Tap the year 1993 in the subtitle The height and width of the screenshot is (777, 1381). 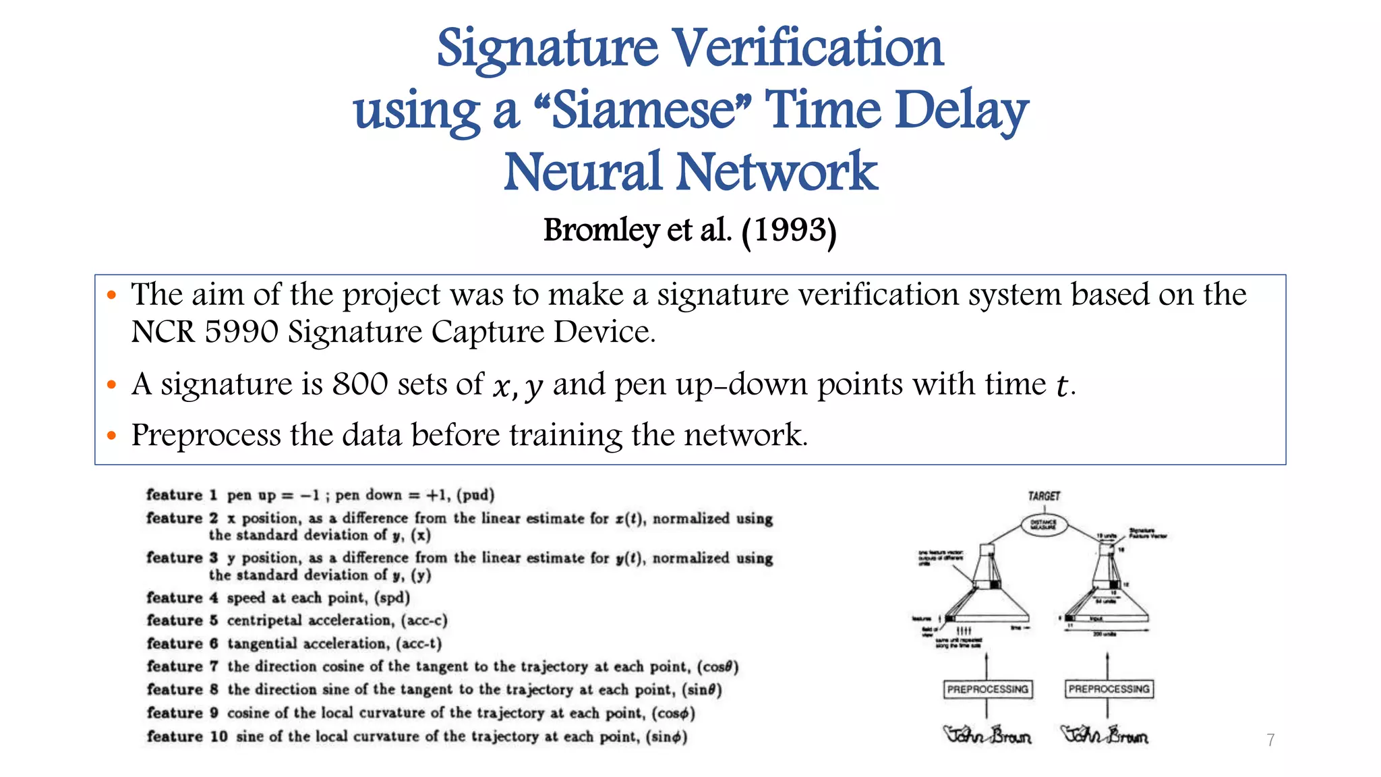click(x=789, y=231)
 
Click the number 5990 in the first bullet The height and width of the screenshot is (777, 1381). click(x=241, y=332)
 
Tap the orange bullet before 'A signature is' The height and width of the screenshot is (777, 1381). click(x=112, y=385)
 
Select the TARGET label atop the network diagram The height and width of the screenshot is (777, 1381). click(x=1044, y=496)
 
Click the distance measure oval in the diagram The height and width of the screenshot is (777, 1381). click(x=1044, y=525)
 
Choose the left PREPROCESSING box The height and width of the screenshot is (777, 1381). click(x=987, y=689)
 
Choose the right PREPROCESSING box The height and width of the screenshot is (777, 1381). click(x=1109, y=689)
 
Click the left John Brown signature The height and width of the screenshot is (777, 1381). click(x=987, y=735)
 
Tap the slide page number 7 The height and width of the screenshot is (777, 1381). click(x=1270, y=740)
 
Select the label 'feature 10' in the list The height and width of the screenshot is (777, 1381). click(x=187, y=737)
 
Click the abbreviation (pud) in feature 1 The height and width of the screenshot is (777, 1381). click(x=475, y=496)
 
